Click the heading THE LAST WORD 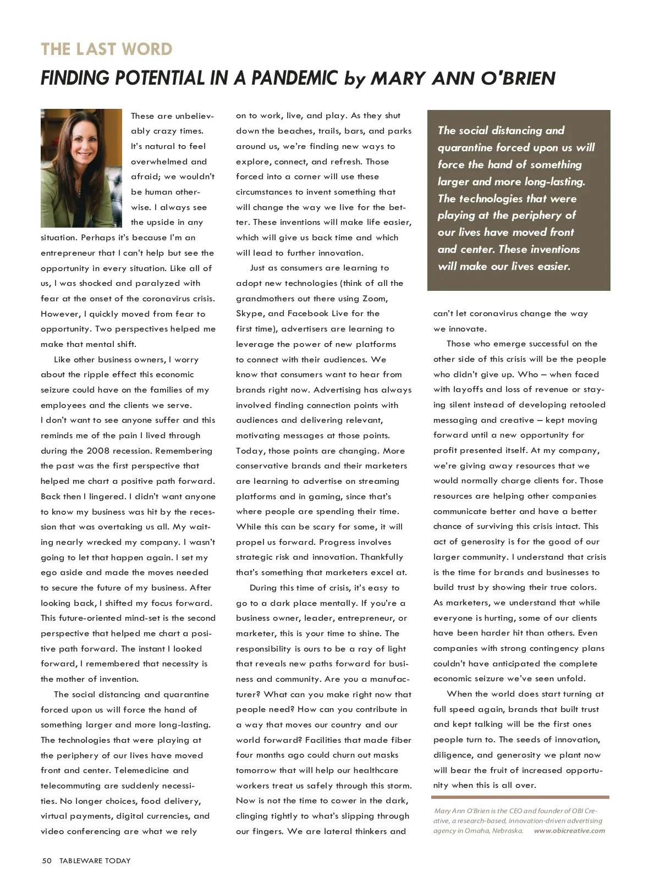[107, 49]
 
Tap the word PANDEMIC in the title [294, 78]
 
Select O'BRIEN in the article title [518, 78]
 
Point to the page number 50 [47, 860]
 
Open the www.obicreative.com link [569, 831]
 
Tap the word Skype [250, 313]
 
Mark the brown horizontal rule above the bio [520, 797]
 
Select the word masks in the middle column [386, 755]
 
